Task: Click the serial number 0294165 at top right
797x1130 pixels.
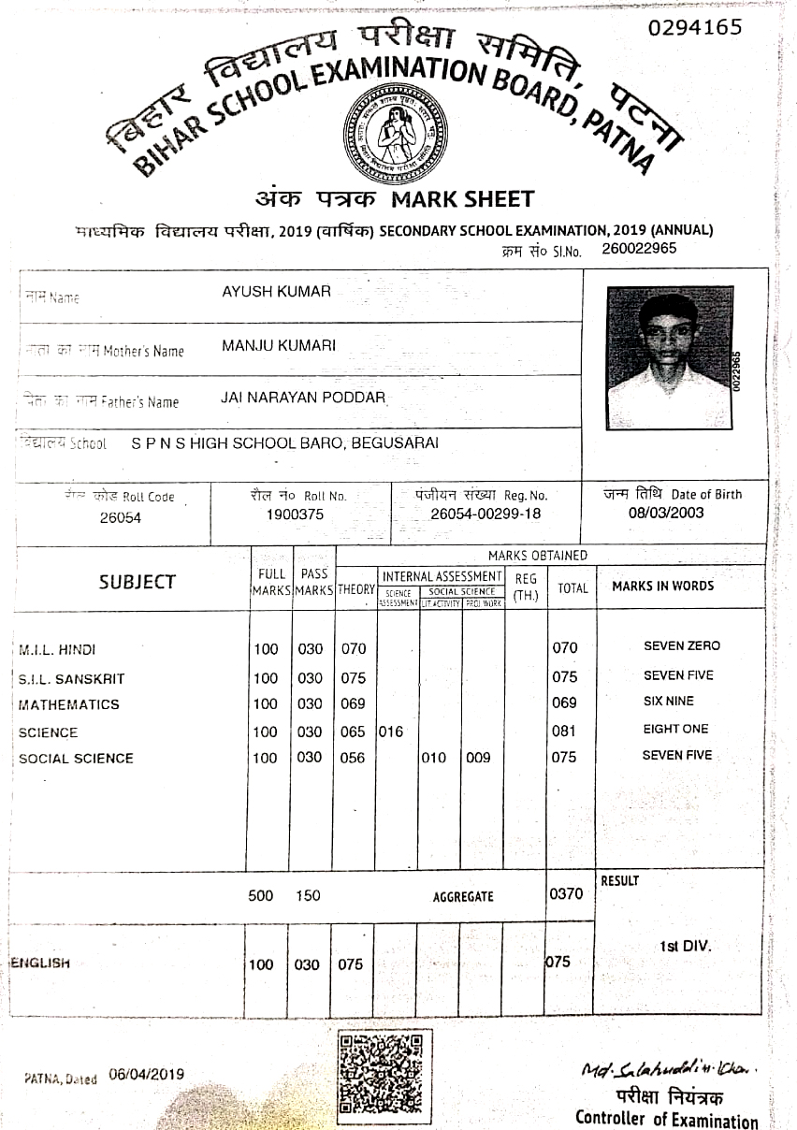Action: click(695, 27)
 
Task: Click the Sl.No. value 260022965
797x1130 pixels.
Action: click(639, 249)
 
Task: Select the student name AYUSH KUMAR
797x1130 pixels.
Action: click(276, 292)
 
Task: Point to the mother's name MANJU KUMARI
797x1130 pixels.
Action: click(279, 346)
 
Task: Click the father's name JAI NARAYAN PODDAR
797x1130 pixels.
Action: click(303, 398)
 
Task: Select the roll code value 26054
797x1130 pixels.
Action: click(120, 517)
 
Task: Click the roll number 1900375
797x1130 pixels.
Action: click(295, 514)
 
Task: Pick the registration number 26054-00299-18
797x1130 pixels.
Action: click(485, 514)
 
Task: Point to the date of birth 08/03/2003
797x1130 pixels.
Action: click(666, 513)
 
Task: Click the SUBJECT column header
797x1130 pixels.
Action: click(137, 582)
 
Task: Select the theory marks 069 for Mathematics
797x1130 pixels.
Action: click(352, 703)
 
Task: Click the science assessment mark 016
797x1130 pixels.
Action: click(391, 732)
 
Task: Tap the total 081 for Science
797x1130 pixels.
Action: click(564, 731)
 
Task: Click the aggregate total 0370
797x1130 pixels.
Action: click(566, 893)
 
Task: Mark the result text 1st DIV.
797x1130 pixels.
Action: click(685, 946)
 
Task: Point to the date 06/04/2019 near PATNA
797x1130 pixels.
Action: click(147, 1074)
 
